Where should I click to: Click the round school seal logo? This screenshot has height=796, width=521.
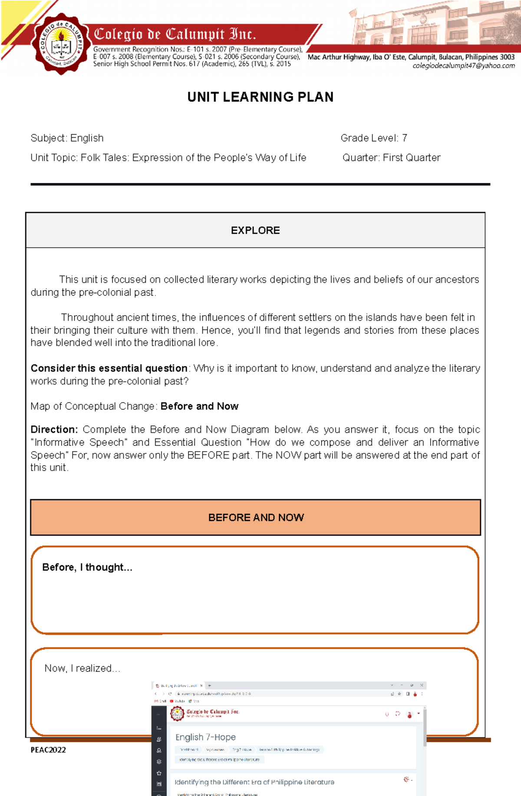(x=61, y=44)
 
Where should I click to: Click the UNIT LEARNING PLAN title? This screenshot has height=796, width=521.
(x=260, y=97)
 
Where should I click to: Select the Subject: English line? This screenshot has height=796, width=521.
(x=67, y=138)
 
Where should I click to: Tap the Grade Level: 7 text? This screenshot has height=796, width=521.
(x=374, y=138)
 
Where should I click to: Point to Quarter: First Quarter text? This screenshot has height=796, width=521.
(x=391, y=157)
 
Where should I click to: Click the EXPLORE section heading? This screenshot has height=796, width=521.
(x=255, y=230)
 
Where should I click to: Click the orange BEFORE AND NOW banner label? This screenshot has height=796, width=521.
(x=256, y=518)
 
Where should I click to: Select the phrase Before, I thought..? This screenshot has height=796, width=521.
(x=87, y=567)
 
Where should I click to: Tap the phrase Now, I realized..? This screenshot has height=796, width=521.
(x=82, y=668)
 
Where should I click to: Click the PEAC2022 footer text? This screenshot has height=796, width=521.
(x=48, y=750)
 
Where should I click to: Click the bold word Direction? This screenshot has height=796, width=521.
(x=54, y=429)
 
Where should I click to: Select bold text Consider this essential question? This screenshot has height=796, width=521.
(x=109, y=368)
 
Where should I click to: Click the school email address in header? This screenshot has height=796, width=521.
(x=463, y=66)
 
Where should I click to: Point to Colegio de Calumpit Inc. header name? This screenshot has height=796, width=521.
(x=175, y=34)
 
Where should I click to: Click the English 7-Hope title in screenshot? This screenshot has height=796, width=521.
(x=205, y=737)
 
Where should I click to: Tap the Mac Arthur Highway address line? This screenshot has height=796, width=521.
(x=411, y=57)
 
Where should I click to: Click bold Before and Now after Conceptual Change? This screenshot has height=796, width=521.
(x=199, y=406)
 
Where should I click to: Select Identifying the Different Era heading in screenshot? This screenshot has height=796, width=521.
(x=254, y=782)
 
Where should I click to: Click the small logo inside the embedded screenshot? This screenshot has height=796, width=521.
(x=177, y=713)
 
